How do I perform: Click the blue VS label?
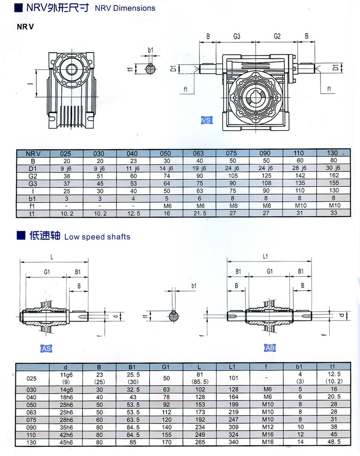point(206,120)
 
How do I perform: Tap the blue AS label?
point(47,348)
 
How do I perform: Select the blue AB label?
point(270,348)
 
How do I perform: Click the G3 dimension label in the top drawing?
point(237,37)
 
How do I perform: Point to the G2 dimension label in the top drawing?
point(277,36)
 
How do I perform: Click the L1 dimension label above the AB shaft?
point(265,256)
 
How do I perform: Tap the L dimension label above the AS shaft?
point(52,257)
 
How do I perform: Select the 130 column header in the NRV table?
point(332,153)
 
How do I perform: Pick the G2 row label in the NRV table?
point(33,176)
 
